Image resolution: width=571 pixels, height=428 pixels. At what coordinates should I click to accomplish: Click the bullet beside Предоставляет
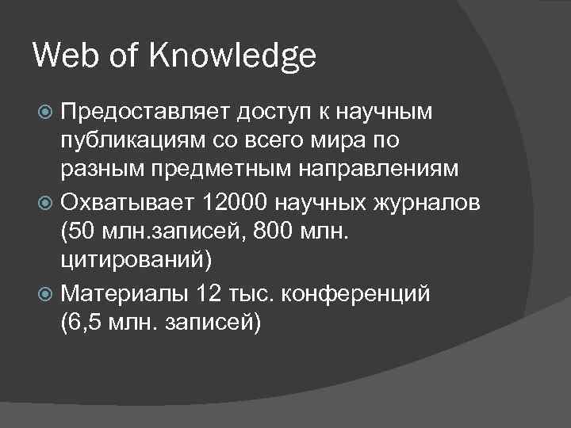(x=48, y=113)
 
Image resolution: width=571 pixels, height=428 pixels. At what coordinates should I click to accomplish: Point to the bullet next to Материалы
(x=48, y=292)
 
